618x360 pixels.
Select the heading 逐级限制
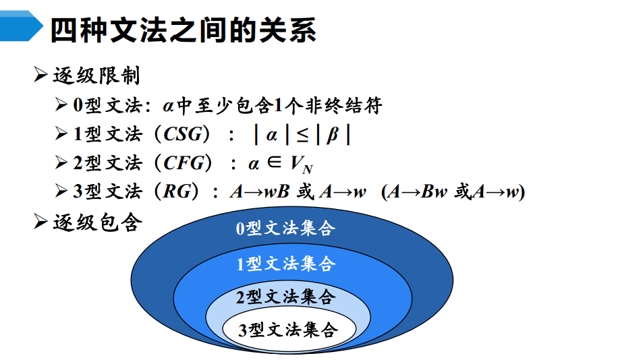[96, 76]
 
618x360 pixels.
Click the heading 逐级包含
[96, 222]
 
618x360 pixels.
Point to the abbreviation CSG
[183, 135]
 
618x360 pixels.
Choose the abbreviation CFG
[183, 164]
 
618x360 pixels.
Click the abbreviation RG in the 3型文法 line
[177, 192]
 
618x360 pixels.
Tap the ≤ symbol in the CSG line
[302, 135]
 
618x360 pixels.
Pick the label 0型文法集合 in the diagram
[285, 229]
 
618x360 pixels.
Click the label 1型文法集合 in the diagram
[285, 264]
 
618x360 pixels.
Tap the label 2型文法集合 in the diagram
[285, 296]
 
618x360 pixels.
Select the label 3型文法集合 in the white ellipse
[287, 330]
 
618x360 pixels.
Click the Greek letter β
[332, 135]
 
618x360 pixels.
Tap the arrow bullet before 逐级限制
[40, 76]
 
